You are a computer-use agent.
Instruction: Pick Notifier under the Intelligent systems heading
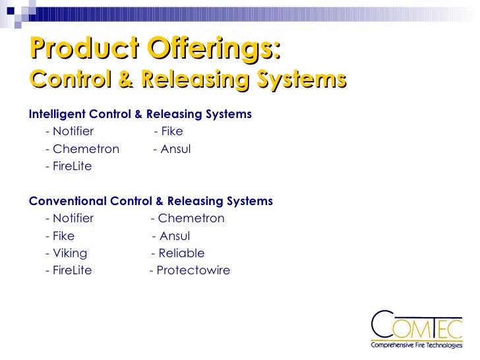[x=73, y=131]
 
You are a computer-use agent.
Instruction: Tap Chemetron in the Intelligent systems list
[x=86, y=149]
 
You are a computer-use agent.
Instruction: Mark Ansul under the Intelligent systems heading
[x=175, y=149]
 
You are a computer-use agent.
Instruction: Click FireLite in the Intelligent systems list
[x=72, y=166]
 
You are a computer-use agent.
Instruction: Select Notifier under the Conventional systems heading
[x=73, y=219]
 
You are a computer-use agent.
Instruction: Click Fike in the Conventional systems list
[x=63, y=236]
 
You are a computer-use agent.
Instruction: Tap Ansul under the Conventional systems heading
[x=175, y=236]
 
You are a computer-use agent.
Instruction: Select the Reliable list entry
[x=181, y=253]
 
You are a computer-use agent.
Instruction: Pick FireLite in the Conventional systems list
[x=72, y=270]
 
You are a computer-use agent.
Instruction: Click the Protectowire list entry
[x=193, y=270]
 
